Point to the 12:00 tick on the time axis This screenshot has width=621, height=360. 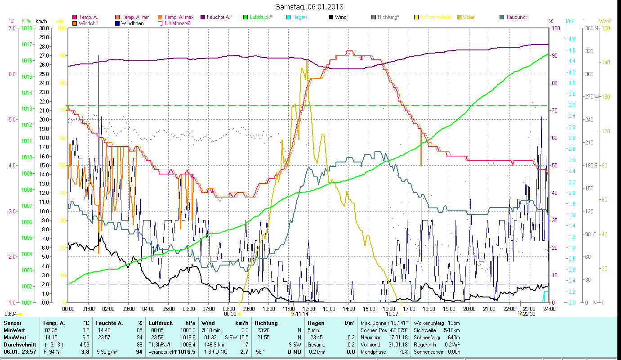pyautogui.click(x=308, y=309)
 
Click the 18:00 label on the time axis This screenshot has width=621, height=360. pyautogui.click(x=429, y=309)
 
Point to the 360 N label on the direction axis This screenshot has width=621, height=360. pyautogui.click(x=591, y=28)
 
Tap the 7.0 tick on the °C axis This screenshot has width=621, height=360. pyautogui.click(x=11, y=28)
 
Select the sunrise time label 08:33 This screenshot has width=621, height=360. pyautogui.click(x=229, y=314)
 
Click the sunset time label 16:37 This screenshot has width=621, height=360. pyautogui.click(x=392, y=314)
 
